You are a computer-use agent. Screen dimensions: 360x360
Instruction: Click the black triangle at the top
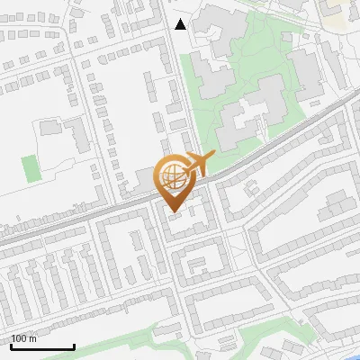tap(180, 24)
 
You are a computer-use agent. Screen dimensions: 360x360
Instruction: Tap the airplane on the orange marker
tap(197, 164)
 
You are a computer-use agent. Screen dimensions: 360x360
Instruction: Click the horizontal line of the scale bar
tap(42, 347)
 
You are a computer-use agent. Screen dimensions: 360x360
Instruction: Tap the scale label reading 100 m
tap(24, 338)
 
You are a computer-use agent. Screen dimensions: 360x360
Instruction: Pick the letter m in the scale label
tap(33, 338)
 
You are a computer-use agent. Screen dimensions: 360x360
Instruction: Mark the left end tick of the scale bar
tap(11, 345)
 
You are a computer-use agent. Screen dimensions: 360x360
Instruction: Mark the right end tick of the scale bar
tap(74, 345)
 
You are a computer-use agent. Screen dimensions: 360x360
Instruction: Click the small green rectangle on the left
tap(31, 168)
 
